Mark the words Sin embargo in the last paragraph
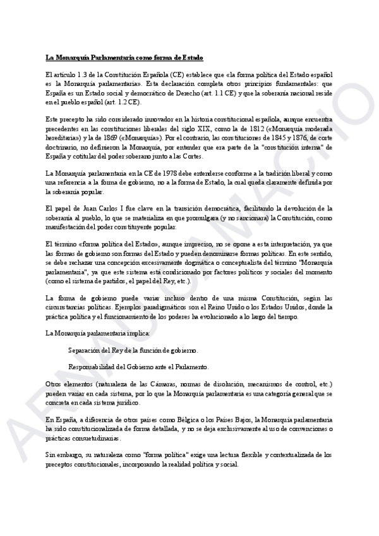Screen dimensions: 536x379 (x=62, y=454)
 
